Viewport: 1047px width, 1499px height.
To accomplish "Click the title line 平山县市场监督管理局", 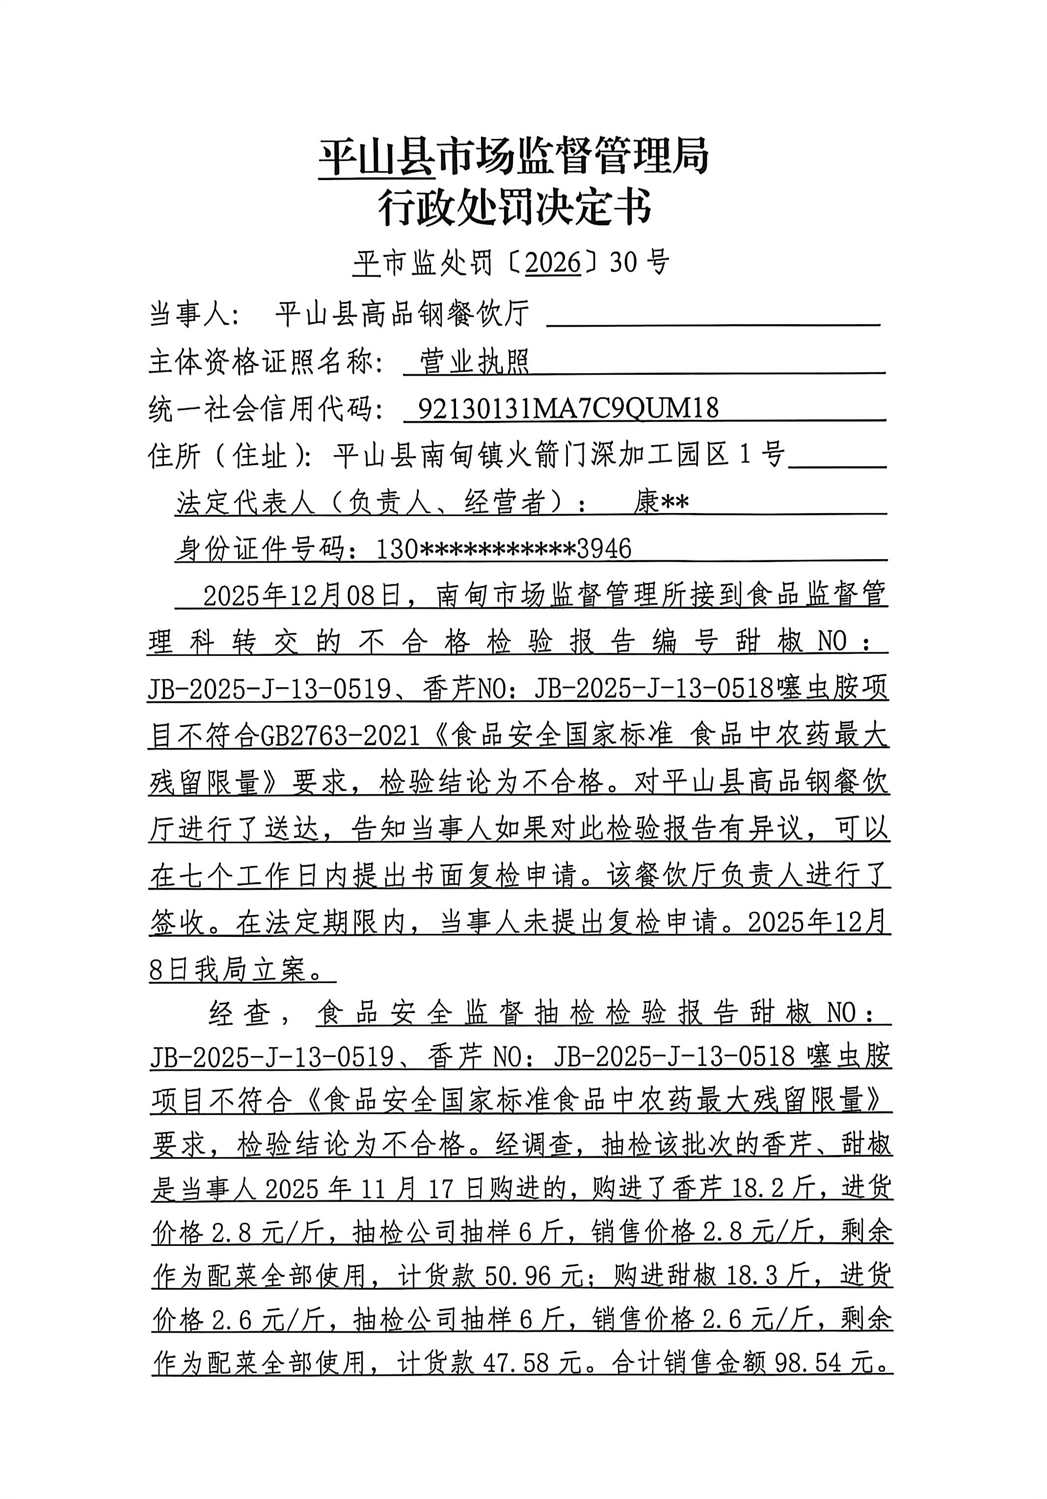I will click(514, 157).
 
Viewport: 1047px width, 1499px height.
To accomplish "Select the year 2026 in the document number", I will click(553, 262).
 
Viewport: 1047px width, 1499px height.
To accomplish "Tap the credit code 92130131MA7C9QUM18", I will click(568, 408).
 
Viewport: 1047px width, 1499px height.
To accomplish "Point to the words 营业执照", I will click(474, 362).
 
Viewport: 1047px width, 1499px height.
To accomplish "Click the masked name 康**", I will click(660, 502).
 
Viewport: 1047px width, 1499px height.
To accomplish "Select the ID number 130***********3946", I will click(504, 548).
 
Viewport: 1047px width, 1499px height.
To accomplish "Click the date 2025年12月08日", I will click(302, 595).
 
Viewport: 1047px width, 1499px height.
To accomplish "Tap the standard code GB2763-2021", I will click(340, 736).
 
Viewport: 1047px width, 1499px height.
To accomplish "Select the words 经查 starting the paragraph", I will click(239, 1013).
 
